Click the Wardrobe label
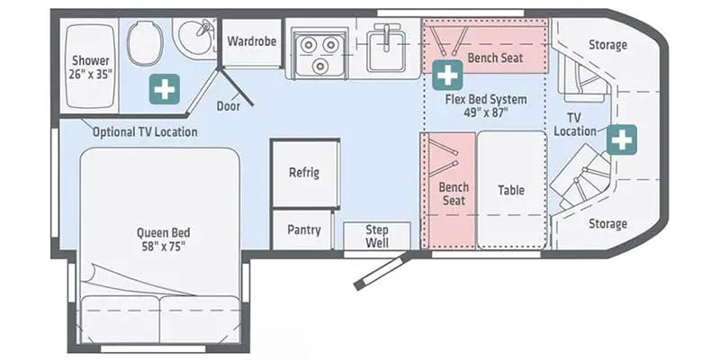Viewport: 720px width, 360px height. pos(252,41)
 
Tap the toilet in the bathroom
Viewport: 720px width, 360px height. pos(145,43)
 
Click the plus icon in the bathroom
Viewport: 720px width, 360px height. pos(165,89)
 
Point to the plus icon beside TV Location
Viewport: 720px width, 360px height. pos(622,139)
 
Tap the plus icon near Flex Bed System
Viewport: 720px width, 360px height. pos(447,75)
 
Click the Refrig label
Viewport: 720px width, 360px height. pos(304,173)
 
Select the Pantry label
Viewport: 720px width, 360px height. pos(304,229)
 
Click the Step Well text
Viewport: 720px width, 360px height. pos(377,236)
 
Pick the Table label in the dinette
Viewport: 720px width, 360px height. pos(511,190)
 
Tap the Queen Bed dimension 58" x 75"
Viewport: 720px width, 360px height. pos(164,247)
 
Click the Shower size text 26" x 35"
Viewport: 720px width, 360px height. pos(91,74)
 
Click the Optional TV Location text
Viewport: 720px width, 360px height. pos(145,132)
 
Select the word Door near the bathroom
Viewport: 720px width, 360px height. pos(229,106)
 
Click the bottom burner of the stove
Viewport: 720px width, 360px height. pos(320,66)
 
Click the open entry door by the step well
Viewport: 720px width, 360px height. pos(382,271)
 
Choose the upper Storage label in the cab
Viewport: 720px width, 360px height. pos(607,44)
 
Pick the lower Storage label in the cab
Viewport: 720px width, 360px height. pos(607,223)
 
